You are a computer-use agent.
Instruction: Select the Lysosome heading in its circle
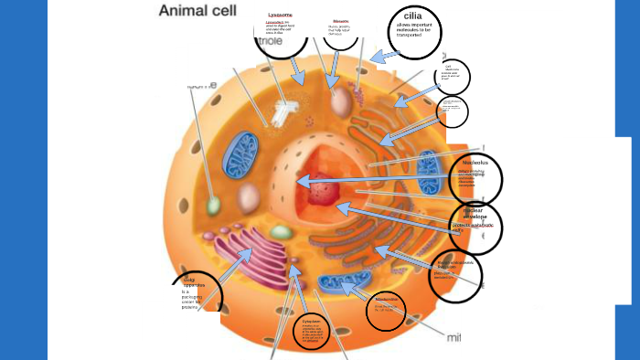[x=280, y=16]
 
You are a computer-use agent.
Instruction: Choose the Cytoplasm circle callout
[x=312, y=331]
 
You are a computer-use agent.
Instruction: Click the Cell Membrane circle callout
[x=448, y=77]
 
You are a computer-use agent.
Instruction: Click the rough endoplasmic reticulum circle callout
[x=454, y=269]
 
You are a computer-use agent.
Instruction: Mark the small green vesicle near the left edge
[x=213, y=206]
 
